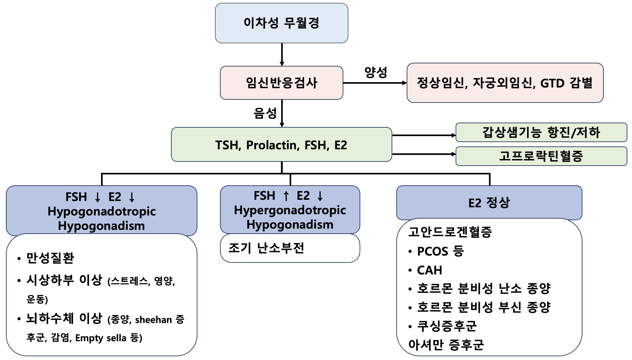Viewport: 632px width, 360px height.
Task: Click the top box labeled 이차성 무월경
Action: click(281, 23)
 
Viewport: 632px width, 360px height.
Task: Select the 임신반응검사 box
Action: click(281, 83)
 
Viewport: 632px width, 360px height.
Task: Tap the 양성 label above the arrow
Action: click(375, 72)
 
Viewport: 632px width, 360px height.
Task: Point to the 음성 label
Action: click(265, 113)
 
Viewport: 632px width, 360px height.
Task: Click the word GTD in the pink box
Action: click(552, 83)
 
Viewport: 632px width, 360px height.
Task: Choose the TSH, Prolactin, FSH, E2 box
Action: click(281, 145)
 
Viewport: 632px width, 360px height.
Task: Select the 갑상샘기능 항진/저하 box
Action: click(541, 132)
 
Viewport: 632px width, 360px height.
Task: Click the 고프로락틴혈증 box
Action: click(541, 156)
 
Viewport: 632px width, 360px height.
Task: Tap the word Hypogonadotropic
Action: click(101, 211)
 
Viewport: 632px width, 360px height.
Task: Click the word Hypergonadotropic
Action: click(290, 210)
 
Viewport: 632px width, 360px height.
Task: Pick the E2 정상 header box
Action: click(489, 203)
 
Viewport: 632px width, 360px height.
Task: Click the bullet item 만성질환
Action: click(50, 258)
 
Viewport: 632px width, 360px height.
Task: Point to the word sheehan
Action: click(153, 320)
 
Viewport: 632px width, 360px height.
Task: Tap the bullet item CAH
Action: click(429, 270)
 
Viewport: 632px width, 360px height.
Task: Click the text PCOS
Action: click(432, 251)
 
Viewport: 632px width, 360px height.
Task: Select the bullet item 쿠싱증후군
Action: click(447, 326)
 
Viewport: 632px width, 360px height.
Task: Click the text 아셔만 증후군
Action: click(446, 345)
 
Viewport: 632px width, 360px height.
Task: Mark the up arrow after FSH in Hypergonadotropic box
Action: click(286, 196)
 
